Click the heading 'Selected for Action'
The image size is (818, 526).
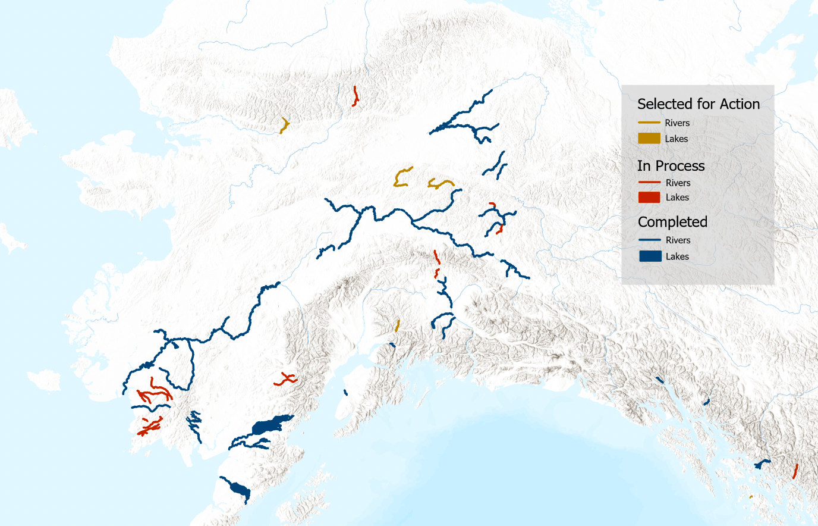(699, 104)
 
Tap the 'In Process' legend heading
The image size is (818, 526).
(671, 166)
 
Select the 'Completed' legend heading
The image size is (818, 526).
(672, 222)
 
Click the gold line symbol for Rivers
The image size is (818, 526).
(649, 123)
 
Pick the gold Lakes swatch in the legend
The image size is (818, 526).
(649, 139)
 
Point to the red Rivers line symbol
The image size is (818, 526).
(649, 183)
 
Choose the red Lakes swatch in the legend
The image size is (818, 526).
(649, 198)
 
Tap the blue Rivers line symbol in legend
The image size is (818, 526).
(650, 240)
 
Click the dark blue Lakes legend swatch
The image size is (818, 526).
(650, 256)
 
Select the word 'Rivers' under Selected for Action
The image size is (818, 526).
(677, 123)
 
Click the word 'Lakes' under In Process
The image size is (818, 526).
(677, 198)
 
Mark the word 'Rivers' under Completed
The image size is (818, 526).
(678, 240)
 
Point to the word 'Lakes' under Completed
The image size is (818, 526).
(677, 256)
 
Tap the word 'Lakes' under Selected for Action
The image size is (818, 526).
(677, 139)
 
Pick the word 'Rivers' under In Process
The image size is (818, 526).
(678, 183)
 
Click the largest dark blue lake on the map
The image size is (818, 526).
(270, 425)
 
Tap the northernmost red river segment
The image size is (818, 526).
(355, 96)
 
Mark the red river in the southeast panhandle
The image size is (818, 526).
(795, 471)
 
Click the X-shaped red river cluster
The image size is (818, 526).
(286, 378)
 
